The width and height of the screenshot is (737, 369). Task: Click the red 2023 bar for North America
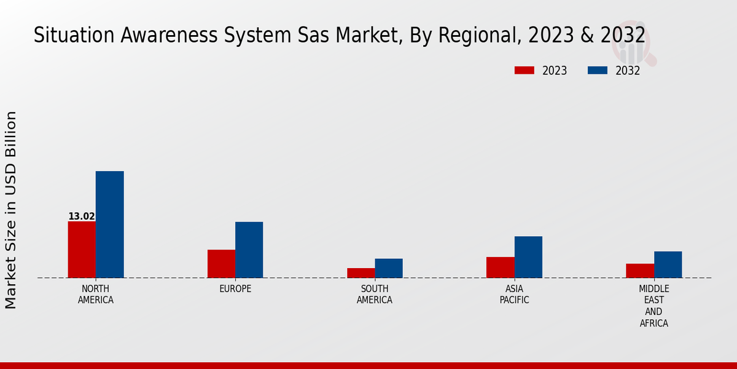click(82, 249)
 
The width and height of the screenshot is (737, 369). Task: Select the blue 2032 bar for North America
click(109, 224)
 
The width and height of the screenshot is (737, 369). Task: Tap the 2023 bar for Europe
click(221, 263)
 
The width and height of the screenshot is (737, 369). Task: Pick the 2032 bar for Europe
click(249, 250)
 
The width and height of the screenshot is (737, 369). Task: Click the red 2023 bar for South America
click(361, 272)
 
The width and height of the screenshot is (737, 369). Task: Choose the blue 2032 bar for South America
click(389, 268)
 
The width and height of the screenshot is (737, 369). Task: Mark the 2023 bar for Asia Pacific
click(500, 267)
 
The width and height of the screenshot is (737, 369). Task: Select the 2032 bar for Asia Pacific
click(528, 257)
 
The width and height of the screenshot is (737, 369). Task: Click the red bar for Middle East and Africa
click(640, 271)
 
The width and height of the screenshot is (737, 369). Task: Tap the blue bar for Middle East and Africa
click(668, 264)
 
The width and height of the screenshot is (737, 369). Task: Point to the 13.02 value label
click(81, 216)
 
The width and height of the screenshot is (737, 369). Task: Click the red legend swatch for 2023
click(524, 70)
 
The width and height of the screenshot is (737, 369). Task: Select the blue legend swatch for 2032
click(597, 70)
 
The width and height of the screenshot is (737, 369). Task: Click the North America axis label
click(96, 295)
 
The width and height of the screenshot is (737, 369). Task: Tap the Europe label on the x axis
click(235, 289)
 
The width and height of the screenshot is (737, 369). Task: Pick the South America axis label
click(375, 295)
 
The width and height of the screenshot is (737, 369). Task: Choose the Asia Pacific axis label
click(514, 295)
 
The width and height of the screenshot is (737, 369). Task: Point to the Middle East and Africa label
click(653, 306)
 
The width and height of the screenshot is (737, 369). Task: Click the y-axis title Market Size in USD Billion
click(11, 210)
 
